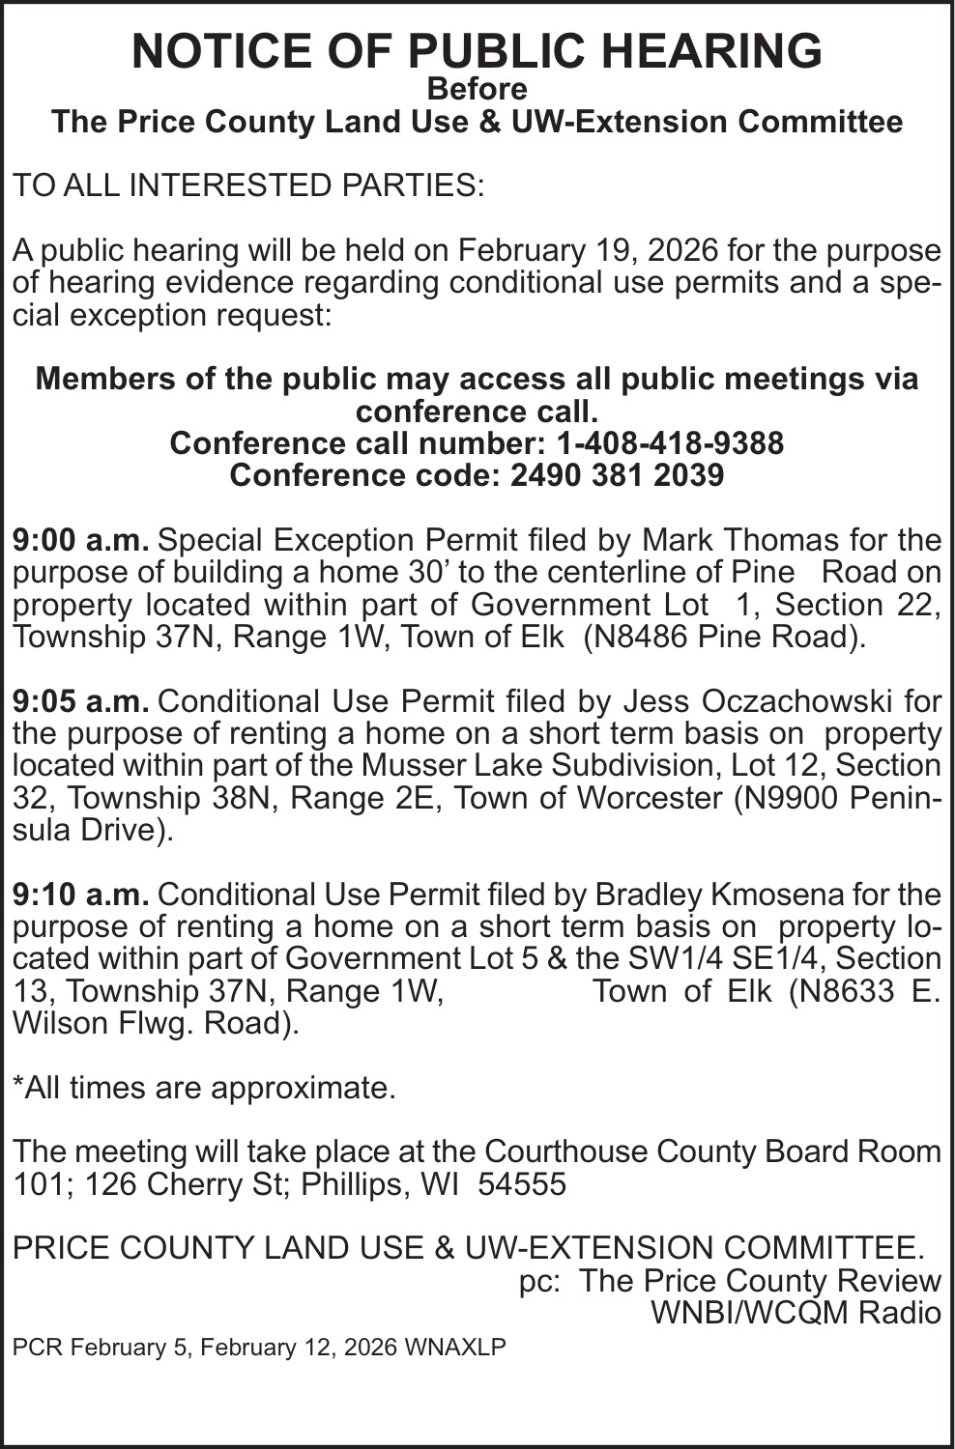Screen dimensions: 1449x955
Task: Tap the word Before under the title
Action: (477, 90)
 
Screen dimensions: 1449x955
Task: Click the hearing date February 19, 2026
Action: (588, 250)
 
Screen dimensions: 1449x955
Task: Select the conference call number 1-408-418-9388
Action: (670, 443)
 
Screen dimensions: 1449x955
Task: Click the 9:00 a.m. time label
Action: (80, 539)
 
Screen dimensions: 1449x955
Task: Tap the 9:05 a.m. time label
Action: (80, 700)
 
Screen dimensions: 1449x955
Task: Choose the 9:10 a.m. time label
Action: (80, 894)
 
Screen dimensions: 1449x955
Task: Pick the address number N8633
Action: (841, 991)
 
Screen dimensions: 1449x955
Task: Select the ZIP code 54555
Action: (523, 1184)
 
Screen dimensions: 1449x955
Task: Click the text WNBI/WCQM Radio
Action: (796, 1313)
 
